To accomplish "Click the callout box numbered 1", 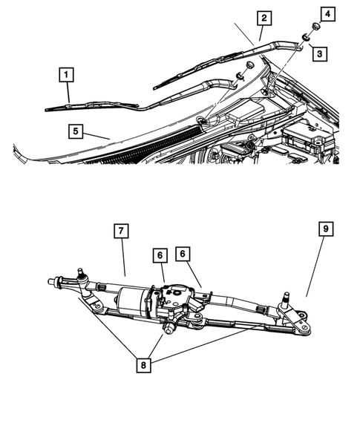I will coord(67,74).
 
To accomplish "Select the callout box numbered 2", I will coord(263,17).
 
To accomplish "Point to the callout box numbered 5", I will coord(76,131).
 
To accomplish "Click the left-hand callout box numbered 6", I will coord(159,254).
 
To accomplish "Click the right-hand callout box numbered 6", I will coord(183,254).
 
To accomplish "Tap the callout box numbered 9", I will coord(324,230).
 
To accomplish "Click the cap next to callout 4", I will coord(316,27).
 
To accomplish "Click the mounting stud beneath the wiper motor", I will coord(170,326).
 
